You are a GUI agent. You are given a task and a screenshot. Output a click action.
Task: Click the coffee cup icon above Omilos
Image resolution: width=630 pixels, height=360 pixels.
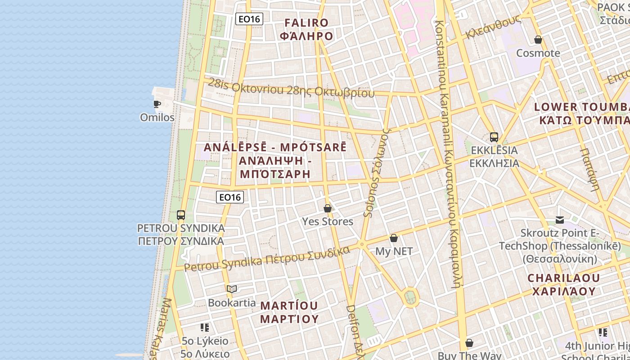(157, 104)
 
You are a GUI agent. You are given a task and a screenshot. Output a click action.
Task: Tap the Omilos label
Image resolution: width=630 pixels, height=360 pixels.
(157, 117)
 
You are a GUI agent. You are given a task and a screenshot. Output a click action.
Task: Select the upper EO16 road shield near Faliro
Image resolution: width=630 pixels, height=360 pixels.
(249, 19)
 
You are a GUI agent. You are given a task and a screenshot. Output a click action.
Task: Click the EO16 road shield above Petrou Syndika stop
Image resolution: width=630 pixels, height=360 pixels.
(229, 197)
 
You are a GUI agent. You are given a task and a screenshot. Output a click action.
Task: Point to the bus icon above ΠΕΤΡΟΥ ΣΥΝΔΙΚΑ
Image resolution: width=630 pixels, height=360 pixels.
(181, 215)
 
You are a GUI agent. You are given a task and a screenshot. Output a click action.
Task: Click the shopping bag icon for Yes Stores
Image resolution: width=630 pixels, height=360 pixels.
(328, 208)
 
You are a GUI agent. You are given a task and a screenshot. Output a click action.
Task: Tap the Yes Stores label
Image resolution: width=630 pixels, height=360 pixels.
(328, 221)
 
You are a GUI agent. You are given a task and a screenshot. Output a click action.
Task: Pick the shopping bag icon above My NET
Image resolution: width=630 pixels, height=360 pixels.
(394, 238)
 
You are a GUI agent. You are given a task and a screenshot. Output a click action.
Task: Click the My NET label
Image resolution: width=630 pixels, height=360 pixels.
(394, 251)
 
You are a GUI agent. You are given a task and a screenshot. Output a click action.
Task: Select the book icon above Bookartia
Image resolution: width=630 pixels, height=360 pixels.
(232, 289)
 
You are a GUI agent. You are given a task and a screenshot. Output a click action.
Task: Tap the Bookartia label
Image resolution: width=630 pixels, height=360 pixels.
(232, 303)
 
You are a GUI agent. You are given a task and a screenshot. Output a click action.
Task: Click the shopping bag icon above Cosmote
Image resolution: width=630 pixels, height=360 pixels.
(538, 40)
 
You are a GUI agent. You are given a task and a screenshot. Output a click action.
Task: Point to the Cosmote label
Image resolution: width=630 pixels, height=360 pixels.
(538, 53)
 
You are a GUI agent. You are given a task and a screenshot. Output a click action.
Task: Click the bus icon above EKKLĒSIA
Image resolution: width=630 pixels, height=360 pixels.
(494, 137)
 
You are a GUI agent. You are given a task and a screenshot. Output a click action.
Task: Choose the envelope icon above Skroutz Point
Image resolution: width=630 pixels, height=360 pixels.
(560, 220)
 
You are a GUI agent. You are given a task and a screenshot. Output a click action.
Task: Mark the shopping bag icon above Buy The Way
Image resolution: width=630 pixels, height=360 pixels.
(469, 343)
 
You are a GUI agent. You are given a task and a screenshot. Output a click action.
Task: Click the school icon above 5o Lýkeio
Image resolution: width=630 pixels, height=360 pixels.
(205, 328)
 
